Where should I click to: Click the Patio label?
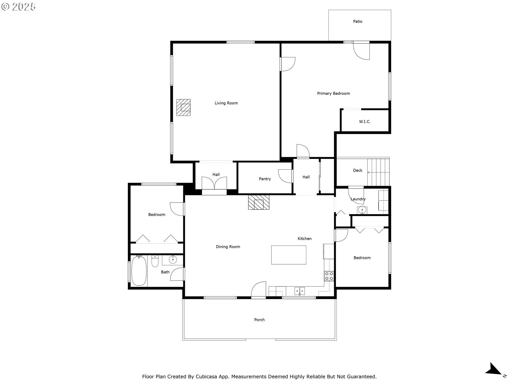tap(358, 21)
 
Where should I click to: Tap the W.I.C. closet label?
tap(365, 122)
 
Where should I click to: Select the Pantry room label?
tap(265, 179)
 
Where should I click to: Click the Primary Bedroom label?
tap(333, 93)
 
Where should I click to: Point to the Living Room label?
tap(226, 103)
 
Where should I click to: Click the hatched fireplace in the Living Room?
tap(184, 108)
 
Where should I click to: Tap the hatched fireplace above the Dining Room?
tap(259, 202)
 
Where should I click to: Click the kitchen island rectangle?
tap(289, 255)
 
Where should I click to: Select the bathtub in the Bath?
tap(139, 271)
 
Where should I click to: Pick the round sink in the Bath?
tap(173, 260)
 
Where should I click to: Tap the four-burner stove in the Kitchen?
tap(329, 276)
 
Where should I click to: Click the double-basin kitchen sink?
tap(300, 291)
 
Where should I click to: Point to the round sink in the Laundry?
tap(362, 210)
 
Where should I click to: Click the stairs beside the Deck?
tap(378, 172)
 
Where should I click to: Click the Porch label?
tap(259, 320)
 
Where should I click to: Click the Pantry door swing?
tap(285, 176)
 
